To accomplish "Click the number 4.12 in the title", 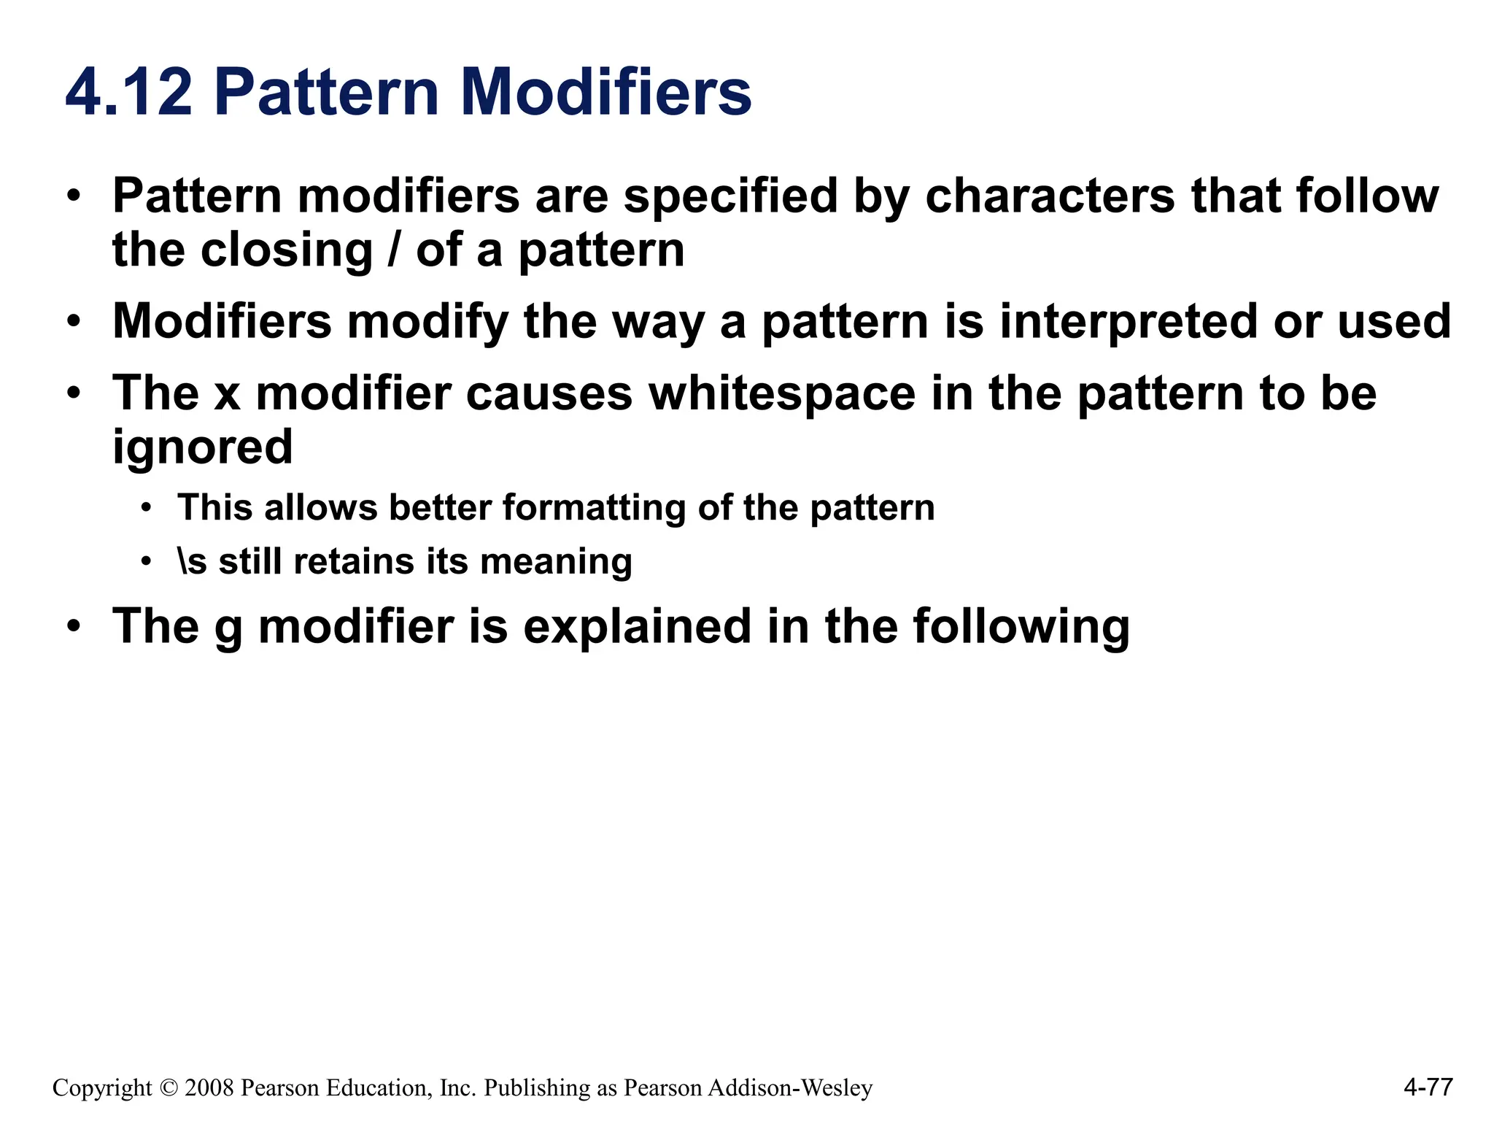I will (x=129, y=93).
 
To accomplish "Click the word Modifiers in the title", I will (x=605, y=93).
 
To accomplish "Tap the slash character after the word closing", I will (x=395, y=250).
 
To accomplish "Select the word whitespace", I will (x=782, y=394).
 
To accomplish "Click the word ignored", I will (x=202, y=447).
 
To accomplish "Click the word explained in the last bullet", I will (x=637, y=627).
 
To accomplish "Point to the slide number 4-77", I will (x=1428, y=1087).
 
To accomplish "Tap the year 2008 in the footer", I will (x=209, y=1088).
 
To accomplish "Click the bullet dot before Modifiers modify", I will (x=73, y=322).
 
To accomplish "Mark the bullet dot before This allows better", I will (x=147, y=508).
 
